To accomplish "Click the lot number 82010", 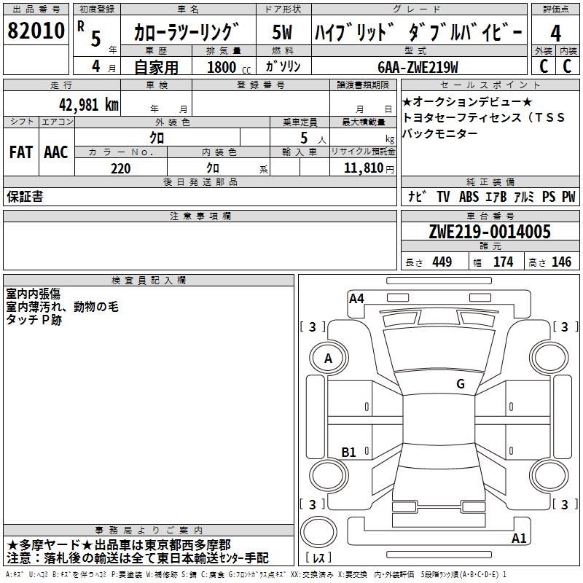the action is [36, 31].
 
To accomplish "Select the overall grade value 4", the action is [555, 34].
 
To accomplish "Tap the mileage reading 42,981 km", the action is [89, 105].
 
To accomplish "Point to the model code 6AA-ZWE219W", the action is [418, 67].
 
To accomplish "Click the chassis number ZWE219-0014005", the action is [490, 232].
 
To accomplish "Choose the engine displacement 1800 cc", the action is [229, 67].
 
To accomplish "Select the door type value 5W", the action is [282, 32].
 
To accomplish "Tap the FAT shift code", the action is [21, 152].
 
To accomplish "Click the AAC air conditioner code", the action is [56, 152].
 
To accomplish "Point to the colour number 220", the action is [121, 169].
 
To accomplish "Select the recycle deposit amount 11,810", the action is [363, 168].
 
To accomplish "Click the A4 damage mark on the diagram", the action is [356, 299].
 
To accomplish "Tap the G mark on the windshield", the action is [461, 383].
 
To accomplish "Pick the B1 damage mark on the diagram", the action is [349, 452].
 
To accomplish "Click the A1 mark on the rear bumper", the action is [519, 538].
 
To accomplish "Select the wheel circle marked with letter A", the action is [329, 359].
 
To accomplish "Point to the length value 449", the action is [442, 262].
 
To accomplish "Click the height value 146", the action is [561, 262].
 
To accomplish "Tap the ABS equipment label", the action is [469, 197].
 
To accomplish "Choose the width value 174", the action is [503, 262].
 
